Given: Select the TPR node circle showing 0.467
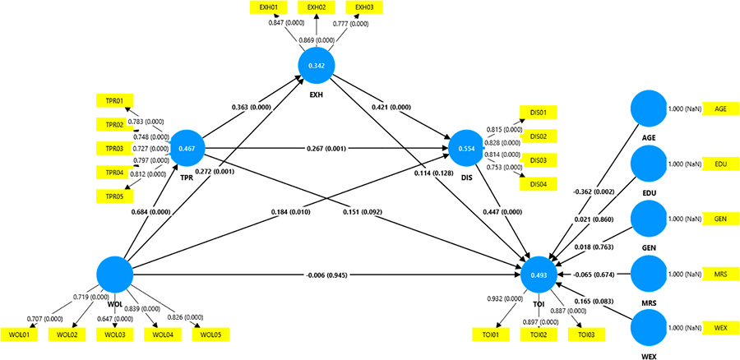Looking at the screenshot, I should pos(187,149).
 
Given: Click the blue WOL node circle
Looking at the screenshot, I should pos(114,274).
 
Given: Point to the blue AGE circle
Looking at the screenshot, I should pos(647,108).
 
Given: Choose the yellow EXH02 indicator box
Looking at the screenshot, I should pos(314,7).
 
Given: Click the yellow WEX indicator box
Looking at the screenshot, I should pos(720,328).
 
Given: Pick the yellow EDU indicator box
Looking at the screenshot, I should pos(720,164).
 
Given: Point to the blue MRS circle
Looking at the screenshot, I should pos(647,273).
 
